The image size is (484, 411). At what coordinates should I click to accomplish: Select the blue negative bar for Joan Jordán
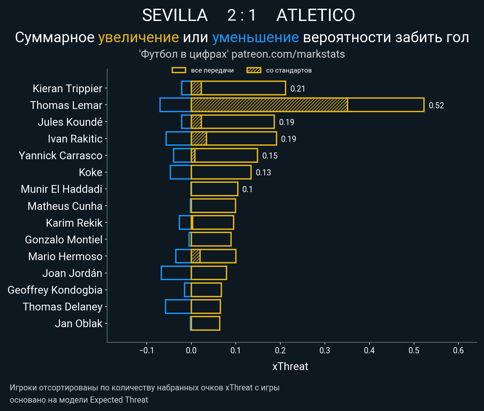coord(176,273)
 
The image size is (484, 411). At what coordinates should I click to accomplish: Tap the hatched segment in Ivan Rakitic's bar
coord(199,139)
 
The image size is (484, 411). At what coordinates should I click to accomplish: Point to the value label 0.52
coord(436,105)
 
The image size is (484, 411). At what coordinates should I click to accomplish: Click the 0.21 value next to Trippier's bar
coord(297,89)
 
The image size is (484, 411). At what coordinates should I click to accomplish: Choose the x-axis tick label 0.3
coord(325,350)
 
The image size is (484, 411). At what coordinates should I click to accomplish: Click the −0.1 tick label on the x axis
coord(146,350)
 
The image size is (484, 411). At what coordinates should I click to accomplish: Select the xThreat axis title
coord(290,367)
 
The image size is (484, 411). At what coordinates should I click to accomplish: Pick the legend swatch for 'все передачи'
coord(179,70)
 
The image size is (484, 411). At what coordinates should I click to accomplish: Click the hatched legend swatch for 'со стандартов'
coord(254,70)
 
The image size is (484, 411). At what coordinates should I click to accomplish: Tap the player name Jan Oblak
coord(78,323)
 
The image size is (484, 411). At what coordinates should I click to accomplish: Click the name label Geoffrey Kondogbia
coord(55,290)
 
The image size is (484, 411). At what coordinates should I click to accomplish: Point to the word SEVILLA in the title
coord(175,15)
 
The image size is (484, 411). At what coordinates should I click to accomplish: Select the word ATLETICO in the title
coord(316,15)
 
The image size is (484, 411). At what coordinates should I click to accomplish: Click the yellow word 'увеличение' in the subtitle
coord(138,37)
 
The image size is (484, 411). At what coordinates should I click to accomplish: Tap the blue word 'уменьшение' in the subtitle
coord(255,37)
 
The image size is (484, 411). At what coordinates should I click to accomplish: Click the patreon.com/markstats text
coord(288,54)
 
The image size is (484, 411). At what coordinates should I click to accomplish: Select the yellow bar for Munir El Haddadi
coord(214,189)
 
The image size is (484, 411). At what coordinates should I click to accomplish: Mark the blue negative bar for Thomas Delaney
coord(178,307)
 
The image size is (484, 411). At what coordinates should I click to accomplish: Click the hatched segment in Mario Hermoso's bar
coord(196,256)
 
